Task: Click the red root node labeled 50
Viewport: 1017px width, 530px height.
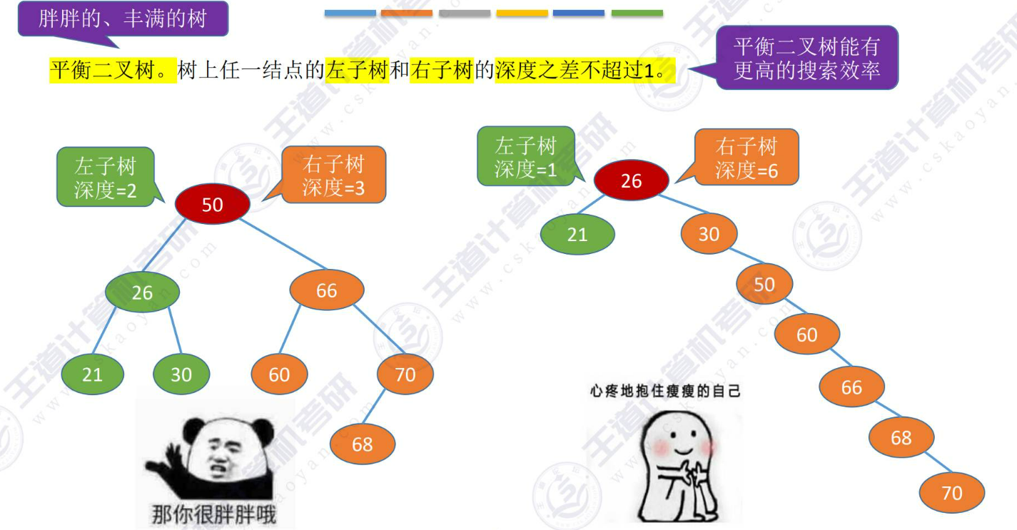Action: point(213,204)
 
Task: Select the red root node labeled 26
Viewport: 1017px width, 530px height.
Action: point(631,180)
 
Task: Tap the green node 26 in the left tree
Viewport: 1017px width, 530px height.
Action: point(142,292)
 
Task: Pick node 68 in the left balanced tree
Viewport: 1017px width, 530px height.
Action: point(363,444)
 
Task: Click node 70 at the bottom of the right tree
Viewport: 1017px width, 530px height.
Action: point(952,493)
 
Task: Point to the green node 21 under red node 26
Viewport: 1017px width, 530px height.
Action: point(577,233)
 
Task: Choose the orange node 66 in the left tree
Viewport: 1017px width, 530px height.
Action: point(327,290)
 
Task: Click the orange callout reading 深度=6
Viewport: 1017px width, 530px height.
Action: point(747,158)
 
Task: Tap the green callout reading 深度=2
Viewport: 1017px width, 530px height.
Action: point(105,178)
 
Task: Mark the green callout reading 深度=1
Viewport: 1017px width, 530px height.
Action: point(526,157)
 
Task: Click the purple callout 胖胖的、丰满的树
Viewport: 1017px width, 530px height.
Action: point(123,19)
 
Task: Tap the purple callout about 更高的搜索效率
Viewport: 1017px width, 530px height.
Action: point(806,58)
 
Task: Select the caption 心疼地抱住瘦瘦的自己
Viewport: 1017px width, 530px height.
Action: point(665,391)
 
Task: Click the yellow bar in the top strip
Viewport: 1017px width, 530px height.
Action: point(522,13)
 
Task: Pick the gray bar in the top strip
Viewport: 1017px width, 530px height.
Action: point(465,13)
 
